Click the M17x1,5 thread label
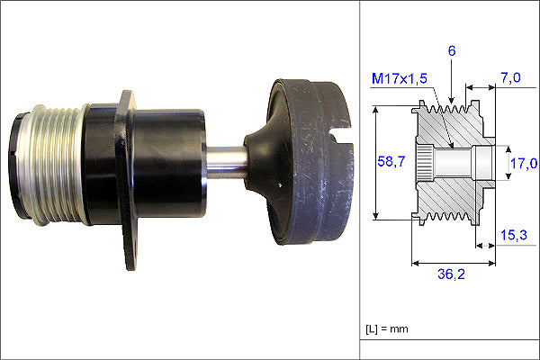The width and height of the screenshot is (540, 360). pos(400,78)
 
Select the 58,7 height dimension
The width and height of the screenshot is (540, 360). pos(391,161)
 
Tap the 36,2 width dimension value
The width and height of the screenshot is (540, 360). pos(451,274)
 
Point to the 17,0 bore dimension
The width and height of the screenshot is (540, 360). pos(524,163)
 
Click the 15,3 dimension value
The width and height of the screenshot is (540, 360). pos(514,235)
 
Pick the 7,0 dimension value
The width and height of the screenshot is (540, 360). pos(510,78)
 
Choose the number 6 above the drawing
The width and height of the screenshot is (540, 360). pos(452,51)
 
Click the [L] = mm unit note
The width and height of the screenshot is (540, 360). pos(387,329)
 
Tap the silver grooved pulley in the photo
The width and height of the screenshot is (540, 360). pos(51,165)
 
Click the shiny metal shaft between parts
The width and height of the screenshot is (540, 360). pos(226,162)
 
